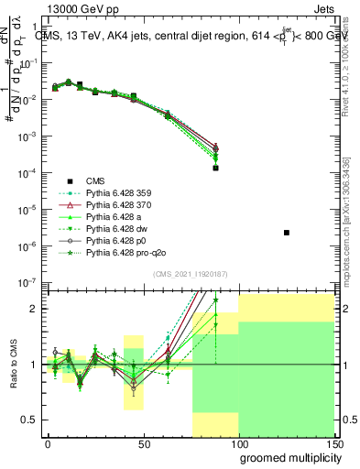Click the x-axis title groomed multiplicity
pos(288,457)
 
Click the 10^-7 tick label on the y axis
pos(29,282)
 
